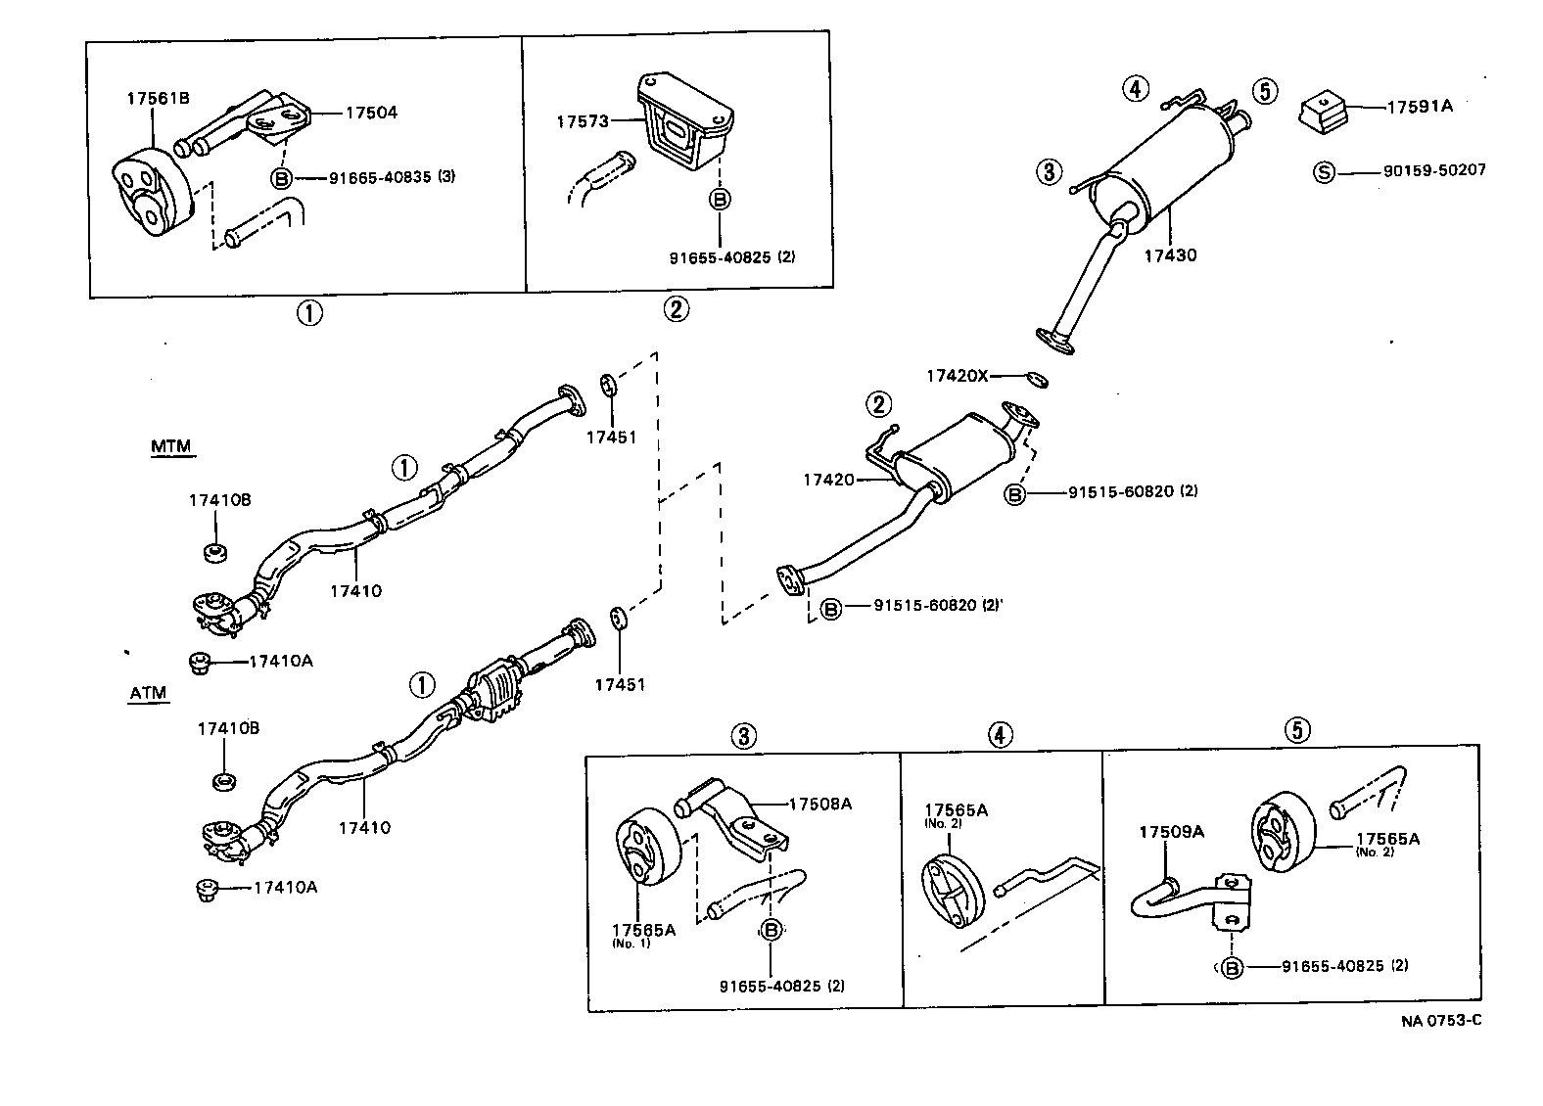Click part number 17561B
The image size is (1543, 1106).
(158, 98)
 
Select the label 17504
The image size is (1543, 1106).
(371, 113)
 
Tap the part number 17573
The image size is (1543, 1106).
(583, 121)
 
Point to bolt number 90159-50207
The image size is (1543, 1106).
(1434, 170)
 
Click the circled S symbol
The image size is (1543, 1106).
(1323, 173)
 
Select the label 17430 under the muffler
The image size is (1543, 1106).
(1170, 255)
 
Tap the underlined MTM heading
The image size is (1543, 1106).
(171, 447)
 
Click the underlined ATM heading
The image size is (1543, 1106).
(149, 694)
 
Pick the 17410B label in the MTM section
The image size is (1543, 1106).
(219, 500)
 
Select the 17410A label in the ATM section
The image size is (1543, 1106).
(285, 888)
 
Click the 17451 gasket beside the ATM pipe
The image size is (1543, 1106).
(618, 620)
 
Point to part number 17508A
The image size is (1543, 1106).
(819, 804)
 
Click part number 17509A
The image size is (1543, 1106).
(1171, 832)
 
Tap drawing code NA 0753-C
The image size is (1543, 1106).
(1440, 1021)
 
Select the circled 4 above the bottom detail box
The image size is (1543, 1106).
(999, 734)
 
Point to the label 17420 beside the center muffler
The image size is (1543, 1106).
(828, 480)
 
